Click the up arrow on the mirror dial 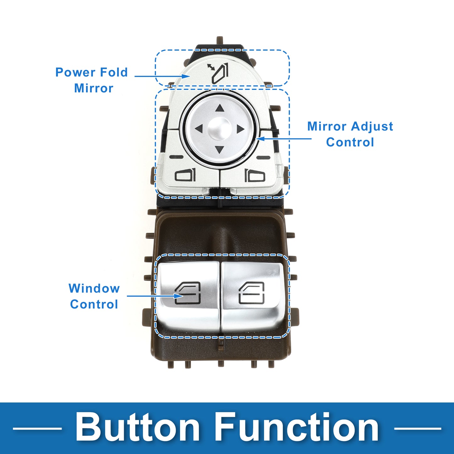pos(220,108)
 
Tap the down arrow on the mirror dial pos(220,149)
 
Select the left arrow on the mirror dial pos(199,129)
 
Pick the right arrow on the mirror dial pos(240,129)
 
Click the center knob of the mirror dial pos(220,129)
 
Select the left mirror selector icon pos(185,175)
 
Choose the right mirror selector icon pos(255,175)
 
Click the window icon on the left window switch pos(188,293)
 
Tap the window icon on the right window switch pos(252,293)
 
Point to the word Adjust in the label pos(372,126)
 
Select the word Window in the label pos(94,288)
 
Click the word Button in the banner pos(138,428)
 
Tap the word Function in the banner pos(297,428)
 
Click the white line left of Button pos(37,428)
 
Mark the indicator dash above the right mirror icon pos(263,157)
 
